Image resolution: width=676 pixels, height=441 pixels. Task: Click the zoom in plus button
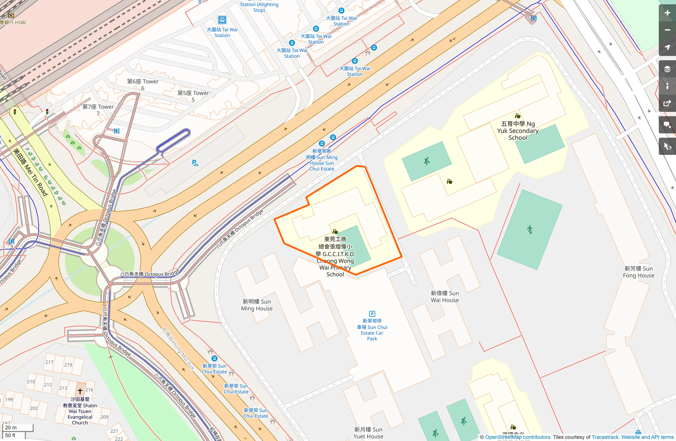(667, 13)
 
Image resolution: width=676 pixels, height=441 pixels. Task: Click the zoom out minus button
(667, 30)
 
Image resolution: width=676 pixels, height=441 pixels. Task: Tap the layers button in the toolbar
(667, 69)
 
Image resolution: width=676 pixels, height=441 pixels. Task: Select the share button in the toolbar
(667, 104)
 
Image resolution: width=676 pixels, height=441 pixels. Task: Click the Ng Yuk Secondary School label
(517, 131)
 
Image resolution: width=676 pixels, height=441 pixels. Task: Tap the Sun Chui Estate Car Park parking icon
(372, 314)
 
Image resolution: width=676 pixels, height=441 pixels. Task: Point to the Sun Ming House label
(257, 305)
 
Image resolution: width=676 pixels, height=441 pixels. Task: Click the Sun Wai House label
(445, 297)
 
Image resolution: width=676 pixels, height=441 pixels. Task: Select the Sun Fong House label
(638, 272)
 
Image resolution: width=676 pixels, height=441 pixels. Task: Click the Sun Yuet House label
(368, 433)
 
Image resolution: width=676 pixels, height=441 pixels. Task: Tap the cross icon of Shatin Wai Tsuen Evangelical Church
(80, 390)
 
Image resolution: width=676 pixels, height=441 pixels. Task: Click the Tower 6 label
(143, 85)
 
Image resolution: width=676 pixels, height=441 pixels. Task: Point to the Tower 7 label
(98, 110)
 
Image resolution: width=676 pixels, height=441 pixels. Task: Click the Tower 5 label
(193, 96)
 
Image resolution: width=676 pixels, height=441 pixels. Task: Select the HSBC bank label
(14, 22)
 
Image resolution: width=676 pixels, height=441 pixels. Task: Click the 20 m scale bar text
(11, 427)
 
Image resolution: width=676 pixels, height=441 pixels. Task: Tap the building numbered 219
(68, 365)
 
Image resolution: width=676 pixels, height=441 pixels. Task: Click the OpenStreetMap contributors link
(517, 437)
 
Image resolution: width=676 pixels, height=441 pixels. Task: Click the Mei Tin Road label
(30, 172)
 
